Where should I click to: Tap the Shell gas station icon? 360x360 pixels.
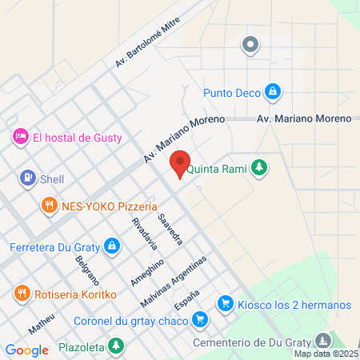coord(29,179)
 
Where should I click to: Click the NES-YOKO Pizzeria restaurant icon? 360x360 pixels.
coord(50,206)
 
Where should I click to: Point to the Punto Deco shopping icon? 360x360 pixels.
coord(273,92)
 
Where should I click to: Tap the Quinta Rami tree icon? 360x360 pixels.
coord(258,168)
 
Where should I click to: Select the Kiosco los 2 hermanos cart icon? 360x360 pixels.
coord(225,305)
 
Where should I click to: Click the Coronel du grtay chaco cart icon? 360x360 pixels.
coord(201,321)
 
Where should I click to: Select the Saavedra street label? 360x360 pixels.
coord(170,229)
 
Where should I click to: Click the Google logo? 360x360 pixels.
coord(26,350)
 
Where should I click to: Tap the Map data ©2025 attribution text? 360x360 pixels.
coord(326,354)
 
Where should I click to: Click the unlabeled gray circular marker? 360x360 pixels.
coord(251,45)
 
